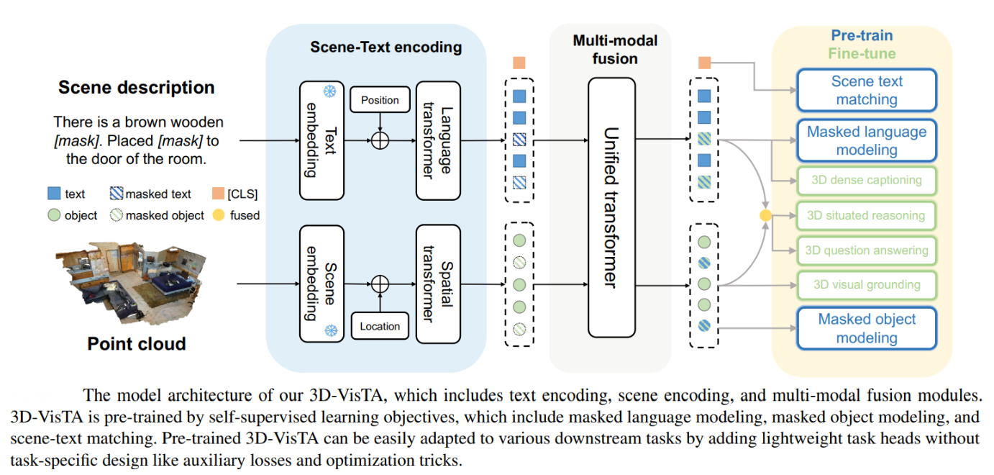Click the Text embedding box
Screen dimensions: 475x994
320,141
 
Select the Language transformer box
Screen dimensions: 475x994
437,141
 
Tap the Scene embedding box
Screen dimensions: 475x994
320,284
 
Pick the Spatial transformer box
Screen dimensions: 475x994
437,284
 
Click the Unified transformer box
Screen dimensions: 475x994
611,207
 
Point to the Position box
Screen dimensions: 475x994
380,99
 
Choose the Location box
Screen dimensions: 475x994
380,326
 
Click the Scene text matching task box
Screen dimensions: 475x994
866,91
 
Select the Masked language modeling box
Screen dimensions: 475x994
866,141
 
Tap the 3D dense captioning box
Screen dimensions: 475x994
866,181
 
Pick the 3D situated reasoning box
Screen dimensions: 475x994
866,215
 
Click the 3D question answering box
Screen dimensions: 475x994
866,250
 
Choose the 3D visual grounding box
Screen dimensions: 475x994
866,284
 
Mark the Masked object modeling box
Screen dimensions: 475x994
866,328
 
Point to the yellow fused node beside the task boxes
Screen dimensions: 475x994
766,215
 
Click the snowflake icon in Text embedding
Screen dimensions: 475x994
329,92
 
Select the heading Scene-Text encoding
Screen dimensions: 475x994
386,47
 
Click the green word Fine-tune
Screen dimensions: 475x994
862,54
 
